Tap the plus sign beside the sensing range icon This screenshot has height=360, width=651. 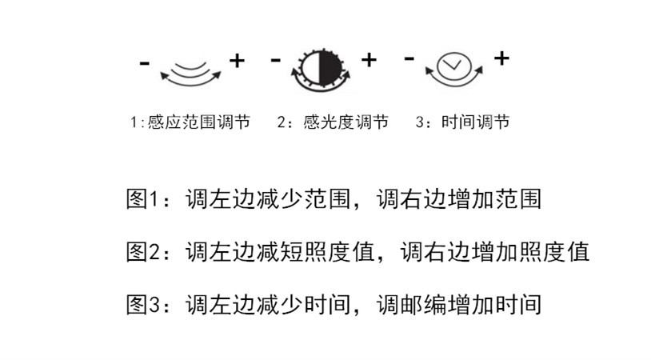(238, 61)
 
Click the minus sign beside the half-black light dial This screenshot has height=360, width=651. (276, 61)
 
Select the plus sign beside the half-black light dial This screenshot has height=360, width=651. (369, 60)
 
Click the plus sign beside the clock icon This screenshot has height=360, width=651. (501, 58)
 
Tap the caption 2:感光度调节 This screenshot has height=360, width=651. (333, 122)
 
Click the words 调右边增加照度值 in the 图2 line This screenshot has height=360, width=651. (495, 252)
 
